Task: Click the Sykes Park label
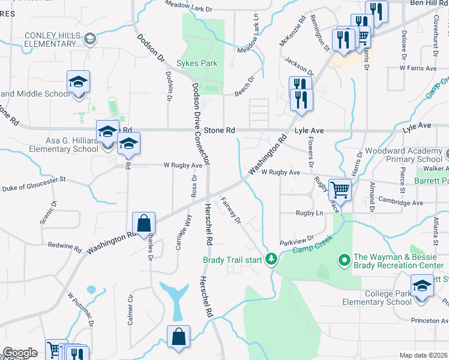(x=196, y=63)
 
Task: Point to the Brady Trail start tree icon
(x=272, y=259)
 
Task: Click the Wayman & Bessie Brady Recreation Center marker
(x=344, y=260)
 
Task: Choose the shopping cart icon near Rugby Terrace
(x=340, y=190)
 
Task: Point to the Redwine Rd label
(x=64, y=247)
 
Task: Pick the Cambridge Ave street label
(x=401, y=203)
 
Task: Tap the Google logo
(x=20, y=353)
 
